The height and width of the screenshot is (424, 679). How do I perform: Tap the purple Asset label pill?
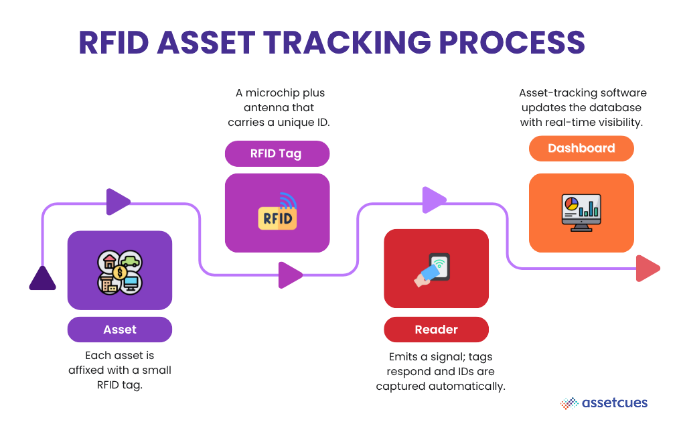point(120,330)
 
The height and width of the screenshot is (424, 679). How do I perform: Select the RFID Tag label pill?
point(277,153)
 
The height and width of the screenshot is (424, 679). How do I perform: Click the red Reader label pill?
point(436,330)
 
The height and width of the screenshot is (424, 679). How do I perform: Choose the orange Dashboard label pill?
point(581,148)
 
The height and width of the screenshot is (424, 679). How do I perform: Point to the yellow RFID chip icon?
point(277,214)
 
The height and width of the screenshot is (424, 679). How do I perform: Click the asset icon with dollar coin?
point(120,271)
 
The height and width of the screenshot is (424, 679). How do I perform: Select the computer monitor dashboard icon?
point(581,213)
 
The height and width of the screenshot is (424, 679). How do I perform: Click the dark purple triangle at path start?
point(42,279)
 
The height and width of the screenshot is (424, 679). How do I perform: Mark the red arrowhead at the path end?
point(647,269)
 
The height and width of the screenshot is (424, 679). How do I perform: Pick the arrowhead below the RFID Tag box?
point(289,275)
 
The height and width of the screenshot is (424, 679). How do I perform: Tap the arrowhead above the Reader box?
point(434,200)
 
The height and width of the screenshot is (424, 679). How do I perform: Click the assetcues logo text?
point(615,403)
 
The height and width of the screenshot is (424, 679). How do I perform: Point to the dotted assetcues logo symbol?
point(569,403)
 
